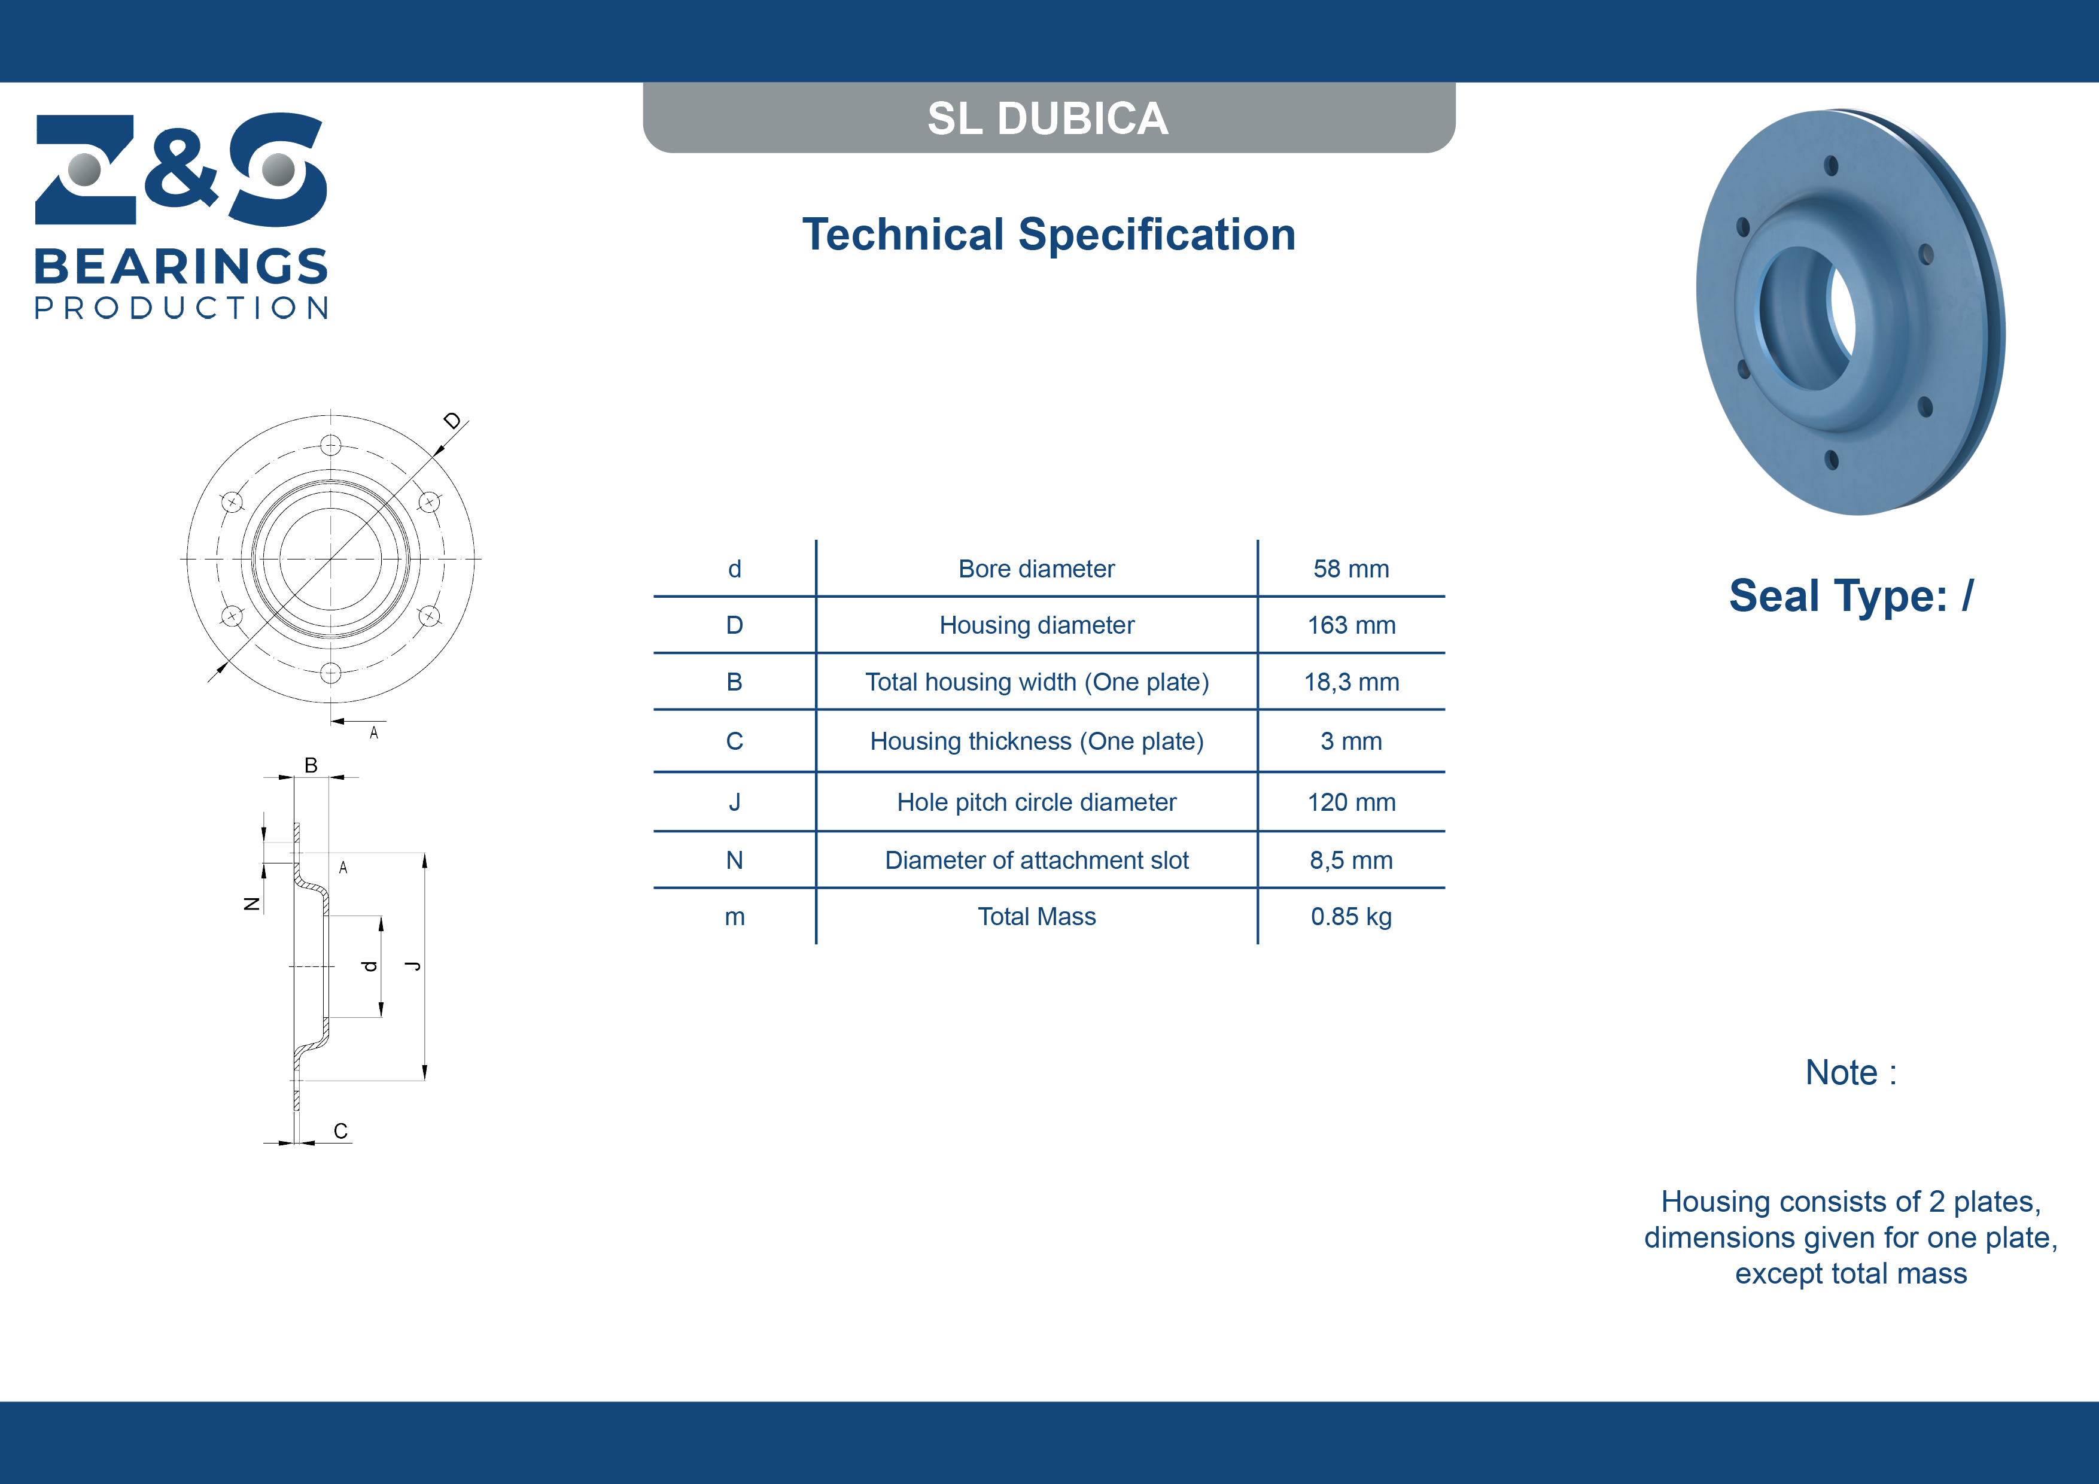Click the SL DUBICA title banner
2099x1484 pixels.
1048,118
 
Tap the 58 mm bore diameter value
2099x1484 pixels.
1351,568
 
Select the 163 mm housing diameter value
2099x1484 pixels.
1351,625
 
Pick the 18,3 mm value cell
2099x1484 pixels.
1351,682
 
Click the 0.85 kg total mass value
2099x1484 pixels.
1351,917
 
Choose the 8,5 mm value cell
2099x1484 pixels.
1351,860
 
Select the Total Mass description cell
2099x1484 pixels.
1037,917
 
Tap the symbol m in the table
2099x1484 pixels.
734,918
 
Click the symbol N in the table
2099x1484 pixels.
734,860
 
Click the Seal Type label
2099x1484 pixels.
1851,596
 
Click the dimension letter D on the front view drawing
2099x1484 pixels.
452,421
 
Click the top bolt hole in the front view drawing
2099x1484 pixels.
331,445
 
